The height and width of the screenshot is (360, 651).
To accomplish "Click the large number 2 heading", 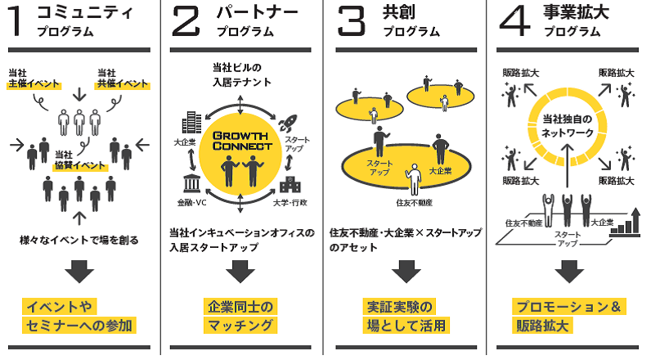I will tap(186, 22).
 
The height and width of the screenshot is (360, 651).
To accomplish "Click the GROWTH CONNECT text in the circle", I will tap(241, 141).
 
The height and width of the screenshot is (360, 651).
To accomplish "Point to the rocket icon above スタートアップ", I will tap(288, 124).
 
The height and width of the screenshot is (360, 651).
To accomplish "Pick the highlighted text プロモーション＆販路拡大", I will tap(569, 316).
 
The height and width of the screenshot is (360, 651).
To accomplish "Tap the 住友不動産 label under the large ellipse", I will tap(414, 201).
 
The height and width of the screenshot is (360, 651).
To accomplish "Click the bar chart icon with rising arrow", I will tap(626, 223).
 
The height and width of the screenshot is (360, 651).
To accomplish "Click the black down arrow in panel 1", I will tap(79, 271).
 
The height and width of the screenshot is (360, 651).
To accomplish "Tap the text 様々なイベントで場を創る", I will tap(79, 240).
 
